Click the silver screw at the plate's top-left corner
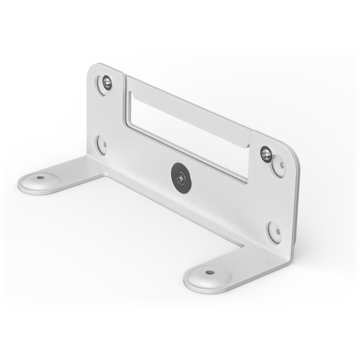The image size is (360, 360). tap(107, 82)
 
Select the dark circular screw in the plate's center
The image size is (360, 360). tap(181, 178)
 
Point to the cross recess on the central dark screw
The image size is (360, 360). tap(181, 178)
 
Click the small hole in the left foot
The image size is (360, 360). tap(40, 177)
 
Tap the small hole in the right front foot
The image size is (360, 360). tap(210, 272)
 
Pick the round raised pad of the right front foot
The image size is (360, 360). tap(208, 275)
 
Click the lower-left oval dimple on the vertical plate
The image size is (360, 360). tap(102, 145)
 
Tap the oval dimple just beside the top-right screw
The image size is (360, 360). tap(279, 166)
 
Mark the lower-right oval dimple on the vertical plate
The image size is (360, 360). tap(275, 232)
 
